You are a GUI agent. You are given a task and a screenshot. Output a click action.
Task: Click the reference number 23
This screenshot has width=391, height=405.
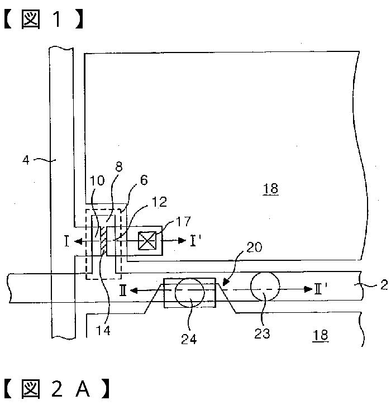tap(263, 333)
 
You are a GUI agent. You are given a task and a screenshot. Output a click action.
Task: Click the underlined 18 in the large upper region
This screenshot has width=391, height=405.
tap(270, 189)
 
